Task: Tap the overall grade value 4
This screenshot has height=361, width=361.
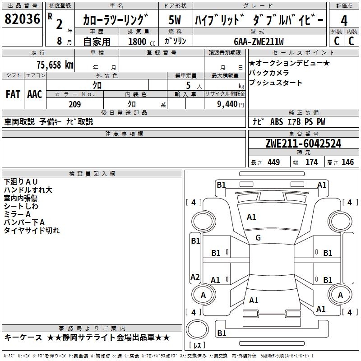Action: (x=344, y=21)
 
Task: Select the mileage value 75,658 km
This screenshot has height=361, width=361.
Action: (x=55, y=65)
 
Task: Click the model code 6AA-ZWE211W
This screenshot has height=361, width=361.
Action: (x=259, y=42)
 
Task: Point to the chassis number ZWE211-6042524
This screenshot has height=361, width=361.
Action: (x=303, y=143)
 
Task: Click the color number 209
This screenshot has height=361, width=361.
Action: (x=74, y=104)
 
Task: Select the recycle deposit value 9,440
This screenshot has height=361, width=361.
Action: (x=227, y=104)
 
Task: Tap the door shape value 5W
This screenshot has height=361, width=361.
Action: (x=175, y=20)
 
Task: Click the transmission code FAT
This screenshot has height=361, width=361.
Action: (x=13, y=94)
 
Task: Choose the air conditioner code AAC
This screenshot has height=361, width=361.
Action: (x=35, y=94)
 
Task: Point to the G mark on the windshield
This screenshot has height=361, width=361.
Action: (x=258, y=238)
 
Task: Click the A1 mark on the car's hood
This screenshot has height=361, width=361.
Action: (x=251, y=217)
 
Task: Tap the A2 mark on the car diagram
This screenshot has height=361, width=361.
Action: (x=195, y=277)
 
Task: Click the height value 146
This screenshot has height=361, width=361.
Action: (x=347, y=162)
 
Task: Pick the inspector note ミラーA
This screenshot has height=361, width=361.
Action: (x=17, y=214)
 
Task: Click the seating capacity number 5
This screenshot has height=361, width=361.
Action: (x=188, y=85)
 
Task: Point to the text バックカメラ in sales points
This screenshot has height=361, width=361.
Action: (x=269, y=73)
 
